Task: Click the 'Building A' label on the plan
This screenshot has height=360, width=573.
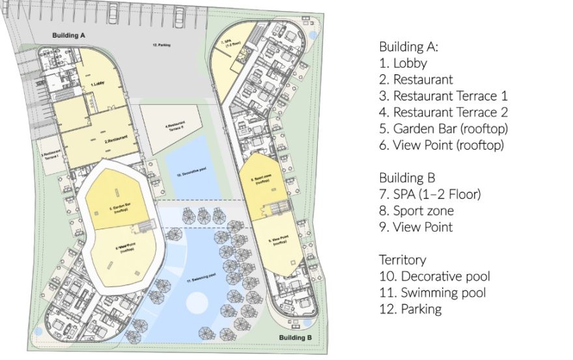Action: pos(69,34)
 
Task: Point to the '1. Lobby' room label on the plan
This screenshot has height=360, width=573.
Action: pos(98,84)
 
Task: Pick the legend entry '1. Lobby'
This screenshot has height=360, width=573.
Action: pos(403,63)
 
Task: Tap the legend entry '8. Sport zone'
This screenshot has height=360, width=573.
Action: pos(417,210)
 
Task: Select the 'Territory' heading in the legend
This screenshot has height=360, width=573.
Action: pos(402,259)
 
